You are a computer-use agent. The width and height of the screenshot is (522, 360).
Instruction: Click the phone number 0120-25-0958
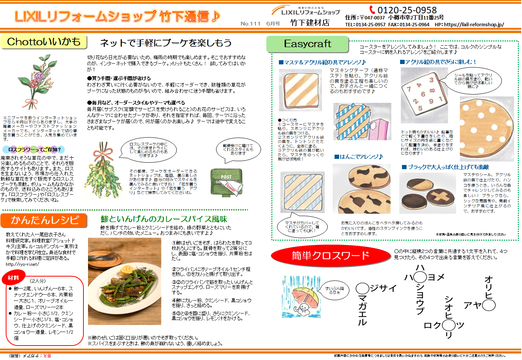pos(407,10)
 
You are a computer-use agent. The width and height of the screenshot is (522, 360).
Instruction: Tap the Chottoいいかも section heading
pos(44,42)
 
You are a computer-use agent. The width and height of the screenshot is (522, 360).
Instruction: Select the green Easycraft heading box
pos(307,44)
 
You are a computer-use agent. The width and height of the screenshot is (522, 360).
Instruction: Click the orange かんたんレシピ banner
pos(44,220)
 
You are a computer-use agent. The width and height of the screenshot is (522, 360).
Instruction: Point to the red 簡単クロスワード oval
pos(330,256)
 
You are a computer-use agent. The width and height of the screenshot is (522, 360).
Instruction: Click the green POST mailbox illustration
pos(226,182)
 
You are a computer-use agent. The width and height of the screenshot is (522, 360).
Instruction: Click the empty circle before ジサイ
pos(362,288)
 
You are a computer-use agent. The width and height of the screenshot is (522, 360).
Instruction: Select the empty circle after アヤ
pos(489,305)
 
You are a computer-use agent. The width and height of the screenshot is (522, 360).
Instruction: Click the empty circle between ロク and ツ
pos(449,325)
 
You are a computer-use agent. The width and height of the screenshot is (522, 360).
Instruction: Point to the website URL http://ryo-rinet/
pos(22,264)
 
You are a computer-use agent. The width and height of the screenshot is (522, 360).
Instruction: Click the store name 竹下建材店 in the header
pos(309,23)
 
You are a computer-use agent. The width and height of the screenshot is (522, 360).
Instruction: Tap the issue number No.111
pos(250,24)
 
